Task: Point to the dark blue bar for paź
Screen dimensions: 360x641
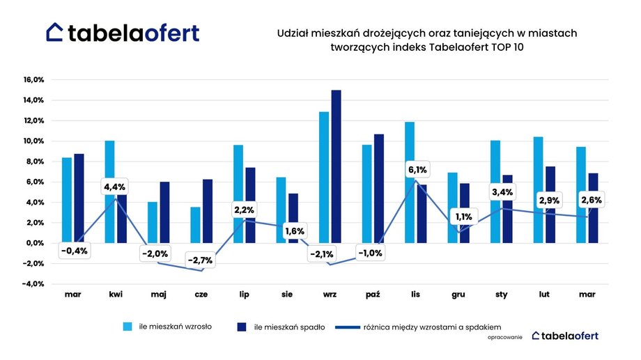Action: (379, 188)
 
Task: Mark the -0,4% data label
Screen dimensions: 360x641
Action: (74, 251)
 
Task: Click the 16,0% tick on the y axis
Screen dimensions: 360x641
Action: (33, 79)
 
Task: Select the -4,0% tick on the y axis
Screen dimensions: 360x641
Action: (33, 284)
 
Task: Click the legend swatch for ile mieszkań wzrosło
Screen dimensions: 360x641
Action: (128, 327)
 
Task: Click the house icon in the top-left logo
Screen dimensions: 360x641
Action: (55, 32)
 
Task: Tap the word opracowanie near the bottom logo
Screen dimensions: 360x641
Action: (507, 337)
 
